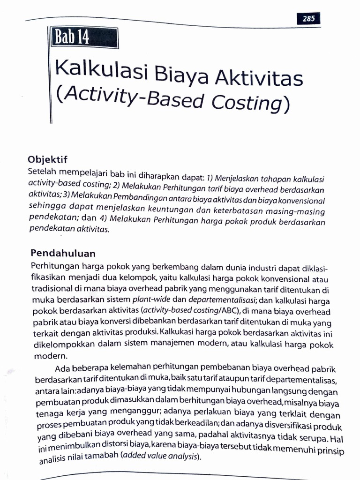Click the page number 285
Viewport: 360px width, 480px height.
308,19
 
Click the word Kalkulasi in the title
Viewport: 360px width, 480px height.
102,70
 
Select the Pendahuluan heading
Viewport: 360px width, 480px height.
63,253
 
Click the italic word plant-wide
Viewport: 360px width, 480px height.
149,299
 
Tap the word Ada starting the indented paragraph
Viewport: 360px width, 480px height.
62,367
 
